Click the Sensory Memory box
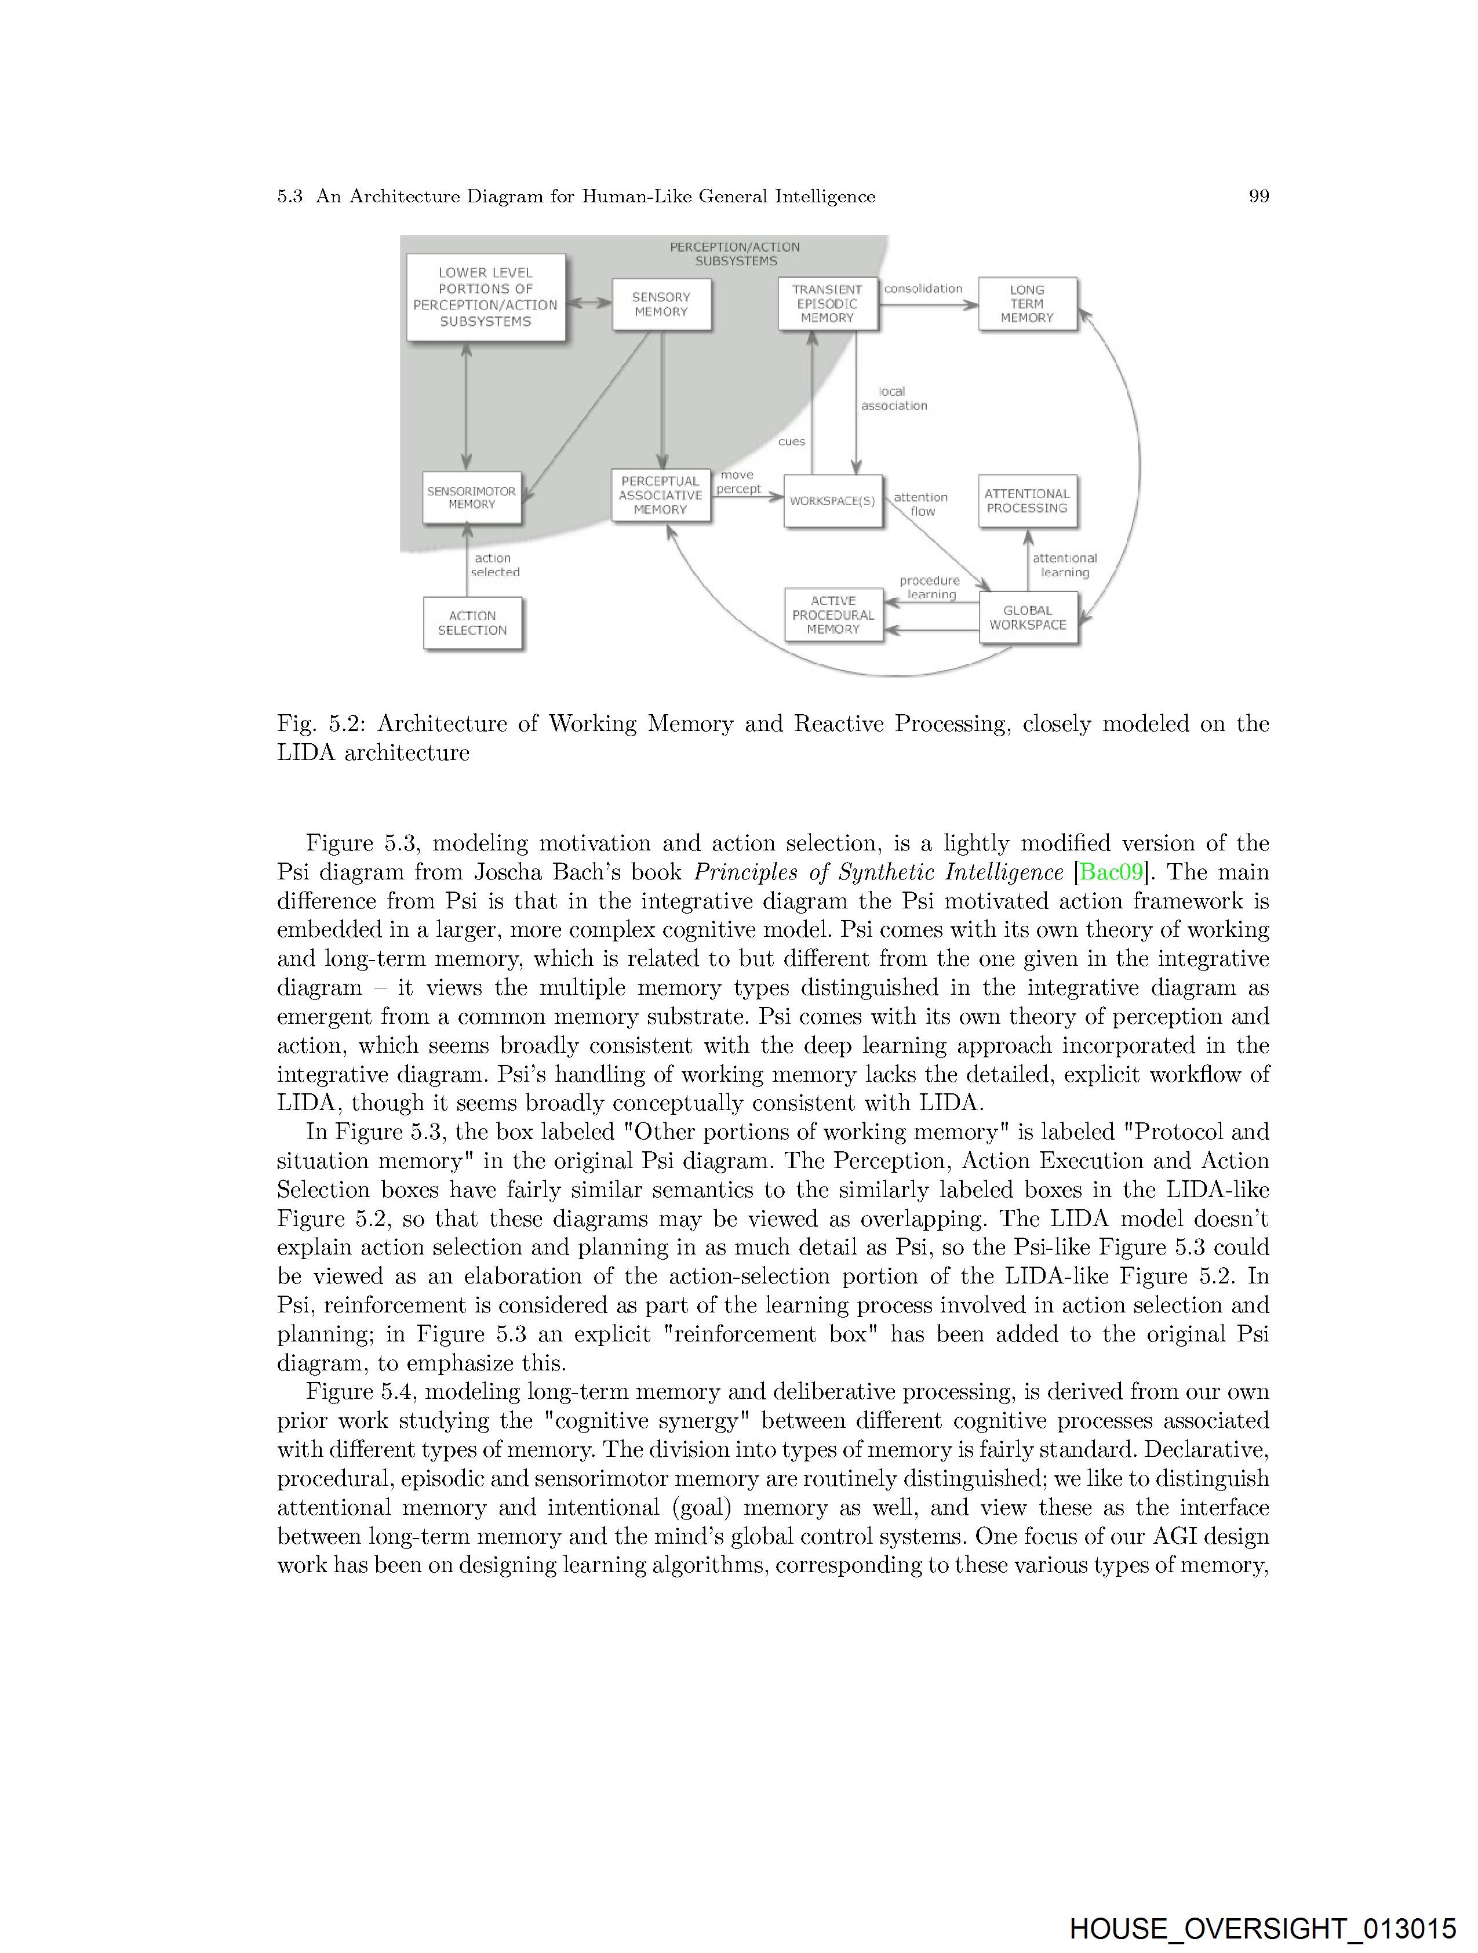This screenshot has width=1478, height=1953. tap(661, 304)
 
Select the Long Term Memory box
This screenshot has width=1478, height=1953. tap(1027, 304)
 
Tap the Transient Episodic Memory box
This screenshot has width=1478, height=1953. tap(827, 304)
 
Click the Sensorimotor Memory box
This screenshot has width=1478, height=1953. tap(471, 498)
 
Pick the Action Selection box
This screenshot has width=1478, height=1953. tap(472, 623)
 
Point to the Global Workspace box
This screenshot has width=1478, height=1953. tap(1028, 618)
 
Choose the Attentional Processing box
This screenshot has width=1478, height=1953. tap(1027, 501)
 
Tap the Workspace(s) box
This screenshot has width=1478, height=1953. tap(832, 501)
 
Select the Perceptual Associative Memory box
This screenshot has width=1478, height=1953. tap(660, 495)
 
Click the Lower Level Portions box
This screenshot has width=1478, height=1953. tap(486, 297)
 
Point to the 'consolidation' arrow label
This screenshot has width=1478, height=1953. tap(923, 289)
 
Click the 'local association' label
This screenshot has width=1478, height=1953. tap(894, 399)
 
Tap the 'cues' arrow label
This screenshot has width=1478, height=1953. tap(791, 442)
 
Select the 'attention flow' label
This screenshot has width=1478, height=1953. tap(921, 504)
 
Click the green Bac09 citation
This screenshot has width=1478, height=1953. tap(1112, 872)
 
